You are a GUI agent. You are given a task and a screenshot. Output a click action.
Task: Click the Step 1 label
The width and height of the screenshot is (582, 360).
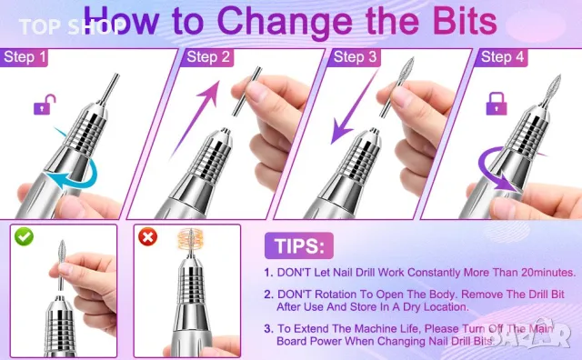pos(25,57)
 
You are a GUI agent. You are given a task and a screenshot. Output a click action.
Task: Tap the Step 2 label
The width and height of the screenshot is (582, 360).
pos(207,57)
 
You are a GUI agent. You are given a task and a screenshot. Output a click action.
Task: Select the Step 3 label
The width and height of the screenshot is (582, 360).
pos(355,57)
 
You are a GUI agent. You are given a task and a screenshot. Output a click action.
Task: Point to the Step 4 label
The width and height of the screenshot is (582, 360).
pos(501,57)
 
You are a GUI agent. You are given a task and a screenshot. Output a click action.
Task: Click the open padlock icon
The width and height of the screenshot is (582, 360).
pos(45,105)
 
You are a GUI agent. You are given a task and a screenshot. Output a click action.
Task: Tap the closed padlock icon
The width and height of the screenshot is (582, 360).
pos(497,104)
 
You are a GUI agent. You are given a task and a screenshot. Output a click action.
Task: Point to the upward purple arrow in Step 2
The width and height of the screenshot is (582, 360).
pos(196,119)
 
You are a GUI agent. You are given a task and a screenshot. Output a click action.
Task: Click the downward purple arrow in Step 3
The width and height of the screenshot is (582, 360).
pos(354,107)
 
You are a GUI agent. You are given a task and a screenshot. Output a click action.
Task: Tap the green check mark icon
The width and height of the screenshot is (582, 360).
pos(25,236)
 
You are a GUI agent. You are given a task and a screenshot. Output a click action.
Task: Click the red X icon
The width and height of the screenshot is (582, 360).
pos(147,236)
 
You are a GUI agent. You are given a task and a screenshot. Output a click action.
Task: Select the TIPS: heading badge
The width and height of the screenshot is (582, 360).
pos(299,245)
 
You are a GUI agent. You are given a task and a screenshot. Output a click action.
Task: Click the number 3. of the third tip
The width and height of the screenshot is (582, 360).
pos(269,329)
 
